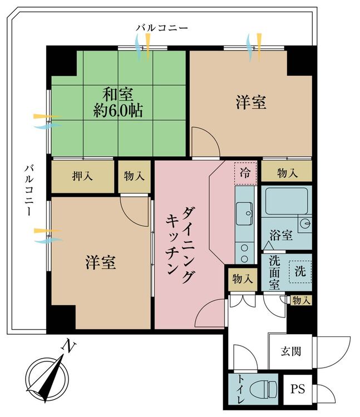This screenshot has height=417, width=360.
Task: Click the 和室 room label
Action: click(x=117, y=93)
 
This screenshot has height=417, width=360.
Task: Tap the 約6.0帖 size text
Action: click(x=117, y=111)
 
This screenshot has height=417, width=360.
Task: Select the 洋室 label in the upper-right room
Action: click(x=250, y=102)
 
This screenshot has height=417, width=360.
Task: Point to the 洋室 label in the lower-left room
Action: click(x=101, y=262)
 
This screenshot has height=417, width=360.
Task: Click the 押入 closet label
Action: click(x=83, y=176)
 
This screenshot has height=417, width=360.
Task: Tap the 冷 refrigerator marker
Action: click(x=245, y=172)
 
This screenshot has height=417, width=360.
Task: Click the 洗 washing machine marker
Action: click(x=300, y=272)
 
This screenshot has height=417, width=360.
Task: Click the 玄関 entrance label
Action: click(x=290, y=351)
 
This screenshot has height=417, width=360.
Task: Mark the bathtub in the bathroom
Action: click(x=287, y=202)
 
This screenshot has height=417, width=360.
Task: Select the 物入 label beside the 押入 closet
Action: click(x=134, y=176)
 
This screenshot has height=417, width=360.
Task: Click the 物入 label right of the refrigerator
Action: click(x=287, y=173)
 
